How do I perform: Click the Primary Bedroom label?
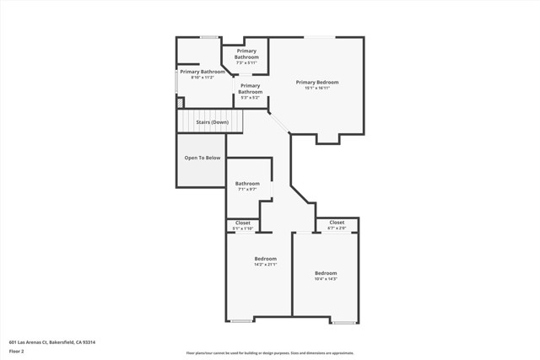316,82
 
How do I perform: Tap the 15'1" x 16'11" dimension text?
316,88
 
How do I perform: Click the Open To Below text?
202,158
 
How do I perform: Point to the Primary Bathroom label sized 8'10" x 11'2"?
202,72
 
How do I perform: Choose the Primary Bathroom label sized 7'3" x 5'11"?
246,54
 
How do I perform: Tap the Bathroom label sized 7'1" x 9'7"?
247,183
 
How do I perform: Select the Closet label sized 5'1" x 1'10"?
242,223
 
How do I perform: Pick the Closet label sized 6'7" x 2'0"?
336,223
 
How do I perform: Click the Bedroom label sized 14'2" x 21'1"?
266,259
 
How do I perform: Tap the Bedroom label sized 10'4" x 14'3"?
326,273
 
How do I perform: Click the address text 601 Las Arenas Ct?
51,342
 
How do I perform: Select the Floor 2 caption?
17,351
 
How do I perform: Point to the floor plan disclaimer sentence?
269,352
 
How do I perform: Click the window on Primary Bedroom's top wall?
318,36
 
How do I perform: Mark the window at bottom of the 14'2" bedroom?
241,321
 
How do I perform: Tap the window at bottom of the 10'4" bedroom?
343,322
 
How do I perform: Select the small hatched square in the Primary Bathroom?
179,103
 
